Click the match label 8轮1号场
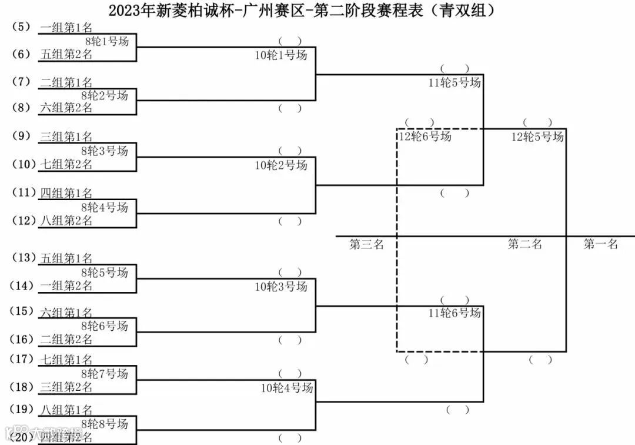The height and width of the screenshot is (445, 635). click(106, 41)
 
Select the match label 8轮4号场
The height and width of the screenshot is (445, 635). click(106, 207)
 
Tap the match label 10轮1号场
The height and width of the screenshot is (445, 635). click(280, 55)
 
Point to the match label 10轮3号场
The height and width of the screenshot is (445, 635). click(280, 287)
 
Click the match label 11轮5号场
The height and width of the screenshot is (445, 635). click(454, 82)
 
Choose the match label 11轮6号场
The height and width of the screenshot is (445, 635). click(454, 313)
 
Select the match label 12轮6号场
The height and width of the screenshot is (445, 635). click(425, 137)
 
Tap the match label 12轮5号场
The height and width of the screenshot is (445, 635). click(537, 137)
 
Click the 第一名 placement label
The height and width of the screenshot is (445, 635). click(600, 244)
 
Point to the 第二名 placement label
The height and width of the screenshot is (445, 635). click(524, 244)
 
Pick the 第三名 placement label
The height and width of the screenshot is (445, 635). click(366, 244)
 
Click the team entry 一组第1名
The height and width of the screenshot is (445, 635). click(66, 28)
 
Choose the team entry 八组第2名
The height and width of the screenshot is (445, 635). click(66, 221)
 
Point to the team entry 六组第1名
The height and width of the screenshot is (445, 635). click(66, 313)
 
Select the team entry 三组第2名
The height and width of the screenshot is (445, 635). click(66, 387)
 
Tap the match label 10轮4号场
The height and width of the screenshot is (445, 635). click(286, 388)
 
